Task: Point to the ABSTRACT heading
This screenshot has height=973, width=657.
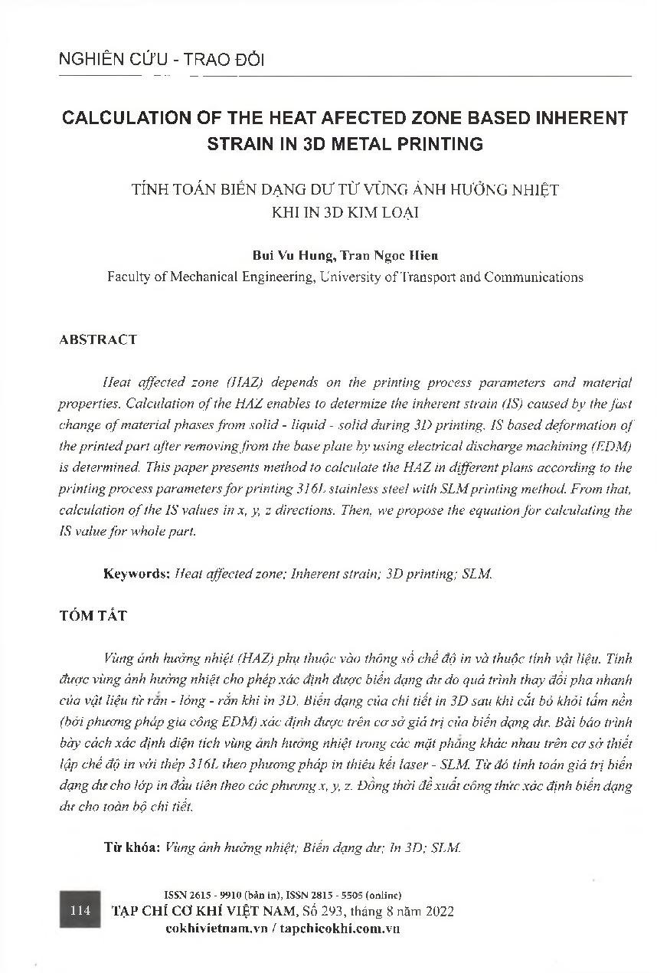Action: pyautogui.click(x=98, y=339)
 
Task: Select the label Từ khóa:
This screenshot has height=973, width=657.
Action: pyautogui.click(x=132, y=848)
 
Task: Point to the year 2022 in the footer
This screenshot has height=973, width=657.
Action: pyautogui.click(x=439, y=911)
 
